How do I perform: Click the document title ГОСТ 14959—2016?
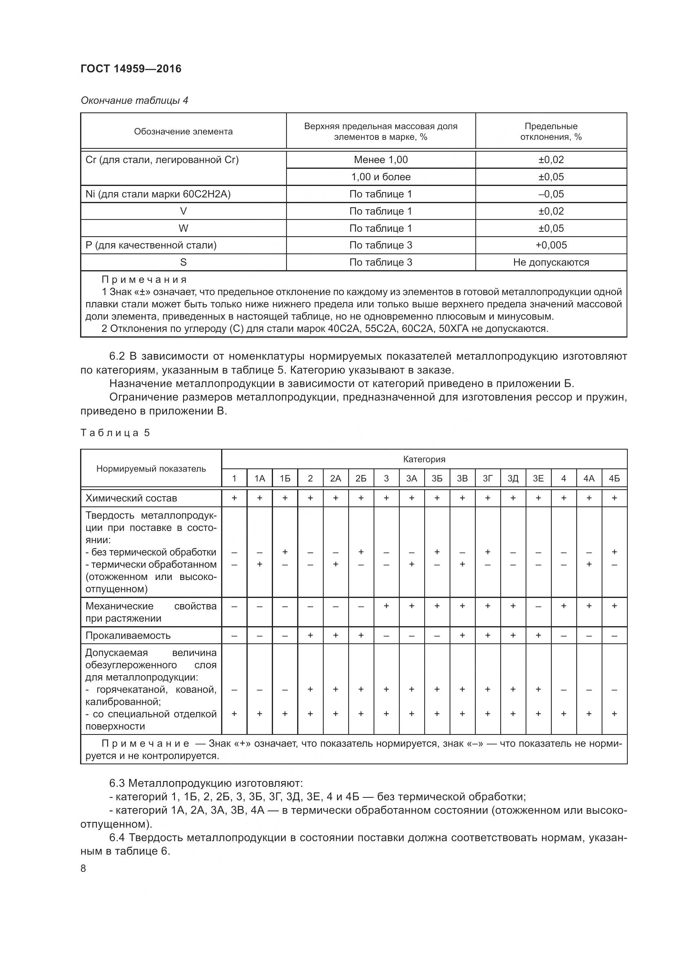coord(131,69)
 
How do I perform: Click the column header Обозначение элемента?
coord(183,132)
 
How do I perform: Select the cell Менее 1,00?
coord(381,160)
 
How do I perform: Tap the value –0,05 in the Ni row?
coord(551,194)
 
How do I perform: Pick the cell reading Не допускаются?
coord(551,262)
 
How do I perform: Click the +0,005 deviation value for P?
coord(551,245)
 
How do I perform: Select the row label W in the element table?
coord(183,228)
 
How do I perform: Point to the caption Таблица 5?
coord(115,433)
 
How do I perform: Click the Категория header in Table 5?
coord(424,459)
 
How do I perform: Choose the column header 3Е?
coord(538,479)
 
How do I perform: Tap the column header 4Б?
coord(614,479)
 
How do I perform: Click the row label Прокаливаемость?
coord(128,636)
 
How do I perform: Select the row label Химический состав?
coord(131,498)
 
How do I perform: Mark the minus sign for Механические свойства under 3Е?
coord(538,607)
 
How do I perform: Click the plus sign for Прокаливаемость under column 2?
coord(310,636)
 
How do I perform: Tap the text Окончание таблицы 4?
coord(134,101)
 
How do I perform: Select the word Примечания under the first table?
coord(144,280)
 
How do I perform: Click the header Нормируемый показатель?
coord(151,469)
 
